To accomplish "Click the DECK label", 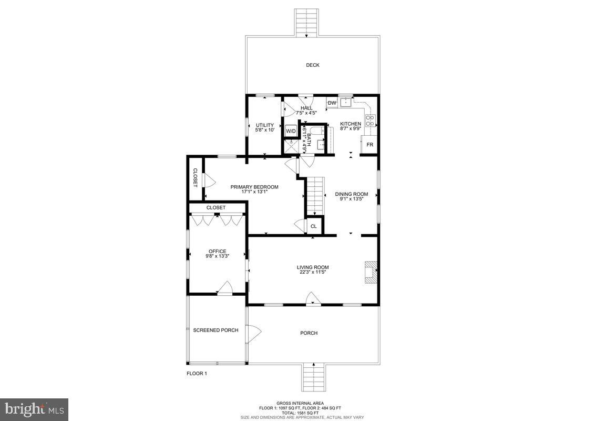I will [313, 65].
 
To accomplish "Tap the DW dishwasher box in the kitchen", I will [332, 103].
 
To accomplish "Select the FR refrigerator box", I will [370, 144].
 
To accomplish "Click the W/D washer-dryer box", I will [291, 131].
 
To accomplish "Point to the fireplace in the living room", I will [371, 273].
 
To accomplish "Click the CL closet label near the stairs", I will [314, 226].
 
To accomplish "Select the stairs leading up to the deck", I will [307, 23].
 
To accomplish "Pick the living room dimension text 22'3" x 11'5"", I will [313, 272].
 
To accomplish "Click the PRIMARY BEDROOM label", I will [254, 187].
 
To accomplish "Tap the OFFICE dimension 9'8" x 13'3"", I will [217, 256].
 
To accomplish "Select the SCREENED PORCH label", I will [216, 330].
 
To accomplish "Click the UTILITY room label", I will [265, 125].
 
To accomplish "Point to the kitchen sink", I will [345, 103].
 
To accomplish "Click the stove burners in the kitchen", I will [370, 121].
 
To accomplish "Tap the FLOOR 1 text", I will [197, 374].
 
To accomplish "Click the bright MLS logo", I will [34, 408].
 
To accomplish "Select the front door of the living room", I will [313, 301].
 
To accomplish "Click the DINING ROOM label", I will [352, 194].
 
